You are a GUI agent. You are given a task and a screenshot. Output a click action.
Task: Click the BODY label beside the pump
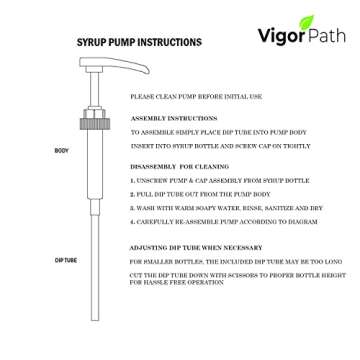[x=61, y=150]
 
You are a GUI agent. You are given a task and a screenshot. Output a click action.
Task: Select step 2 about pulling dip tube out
[x=189, y=193]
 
